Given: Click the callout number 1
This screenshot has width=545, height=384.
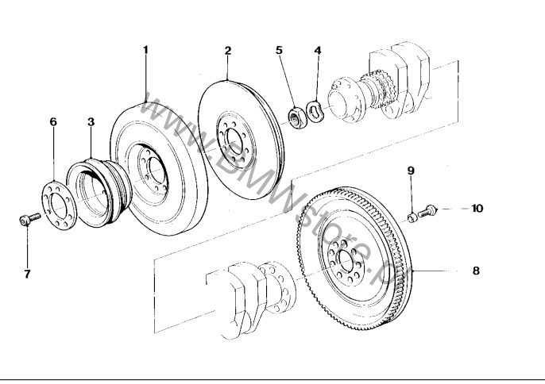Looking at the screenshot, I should coord(145,49).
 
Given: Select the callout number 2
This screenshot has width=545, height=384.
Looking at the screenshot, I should coord(228,50).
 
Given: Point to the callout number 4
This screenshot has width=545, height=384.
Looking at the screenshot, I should coord(318,50).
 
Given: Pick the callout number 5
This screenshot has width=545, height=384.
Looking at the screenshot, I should coord(279,50).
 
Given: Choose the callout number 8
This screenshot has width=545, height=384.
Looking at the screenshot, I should coord(476,271).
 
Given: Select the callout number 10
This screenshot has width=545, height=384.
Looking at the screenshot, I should coord(476,209).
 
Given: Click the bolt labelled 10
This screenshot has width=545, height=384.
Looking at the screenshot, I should coord(427,211).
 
